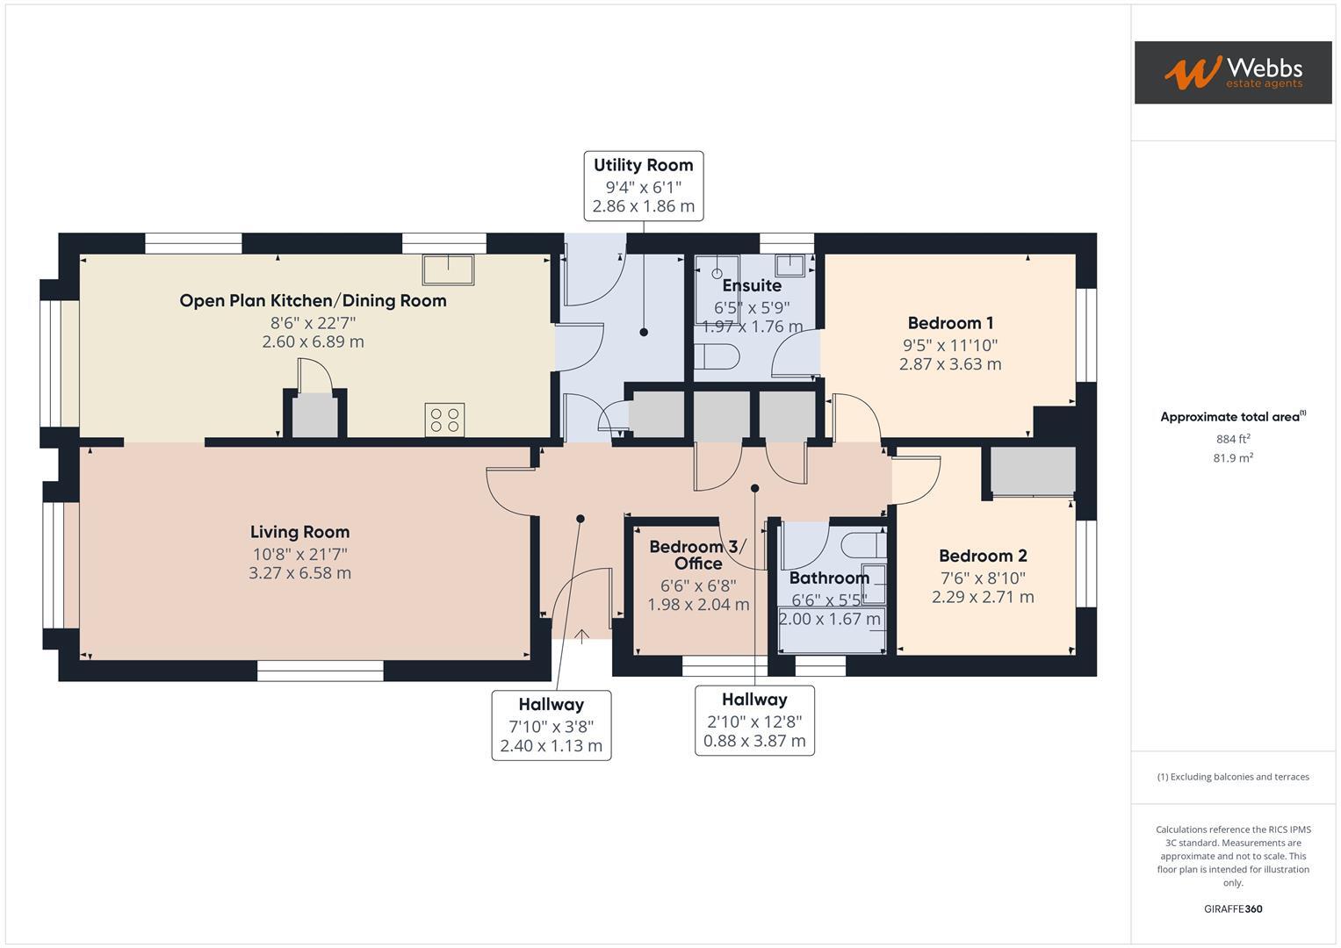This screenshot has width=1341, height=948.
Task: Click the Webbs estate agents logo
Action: (x=1232, y=72)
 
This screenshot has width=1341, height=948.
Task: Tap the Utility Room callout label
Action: (x=643, y=185)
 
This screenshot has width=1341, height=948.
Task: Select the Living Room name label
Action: (x=299, y=532)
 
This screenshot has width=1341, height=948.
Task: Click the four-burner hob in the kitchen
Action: (x=444, y=420)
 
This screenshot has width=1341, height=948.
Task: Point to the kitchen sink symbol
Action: (x=448, y=269)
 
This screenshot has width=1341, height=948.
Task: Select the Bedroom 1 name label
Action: (x=950, y=323)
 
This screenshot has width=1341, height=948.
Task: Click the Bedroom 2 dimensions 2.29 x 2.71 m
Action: (x=983, y=597)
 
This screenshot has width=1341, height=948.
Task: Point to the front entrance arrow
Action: (x=581, y=636)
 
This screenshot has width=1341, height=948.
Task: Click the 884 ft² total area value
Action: (x=1233, y=439)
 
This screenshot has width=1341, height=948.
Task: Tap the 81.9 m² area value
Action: (x=1233, y=457)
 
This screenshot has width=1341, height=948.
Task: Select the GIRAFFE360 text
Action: (x=1233, y=908)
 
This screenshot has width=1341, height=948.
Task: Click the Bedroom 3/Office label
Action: (x=698, y=555)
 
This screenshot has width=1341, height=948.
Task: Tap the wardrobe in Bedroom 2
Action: (x=1033, y=471)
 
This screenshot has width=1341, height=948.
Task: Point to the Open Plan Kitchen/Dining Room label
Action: (x=313, y=301)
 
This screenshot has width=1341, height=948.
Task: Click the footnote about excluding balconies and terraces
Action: (x=1233, y=777)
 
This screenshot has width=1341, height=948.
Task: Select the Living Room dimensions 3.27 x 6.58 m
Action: (x=299, y=573)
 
